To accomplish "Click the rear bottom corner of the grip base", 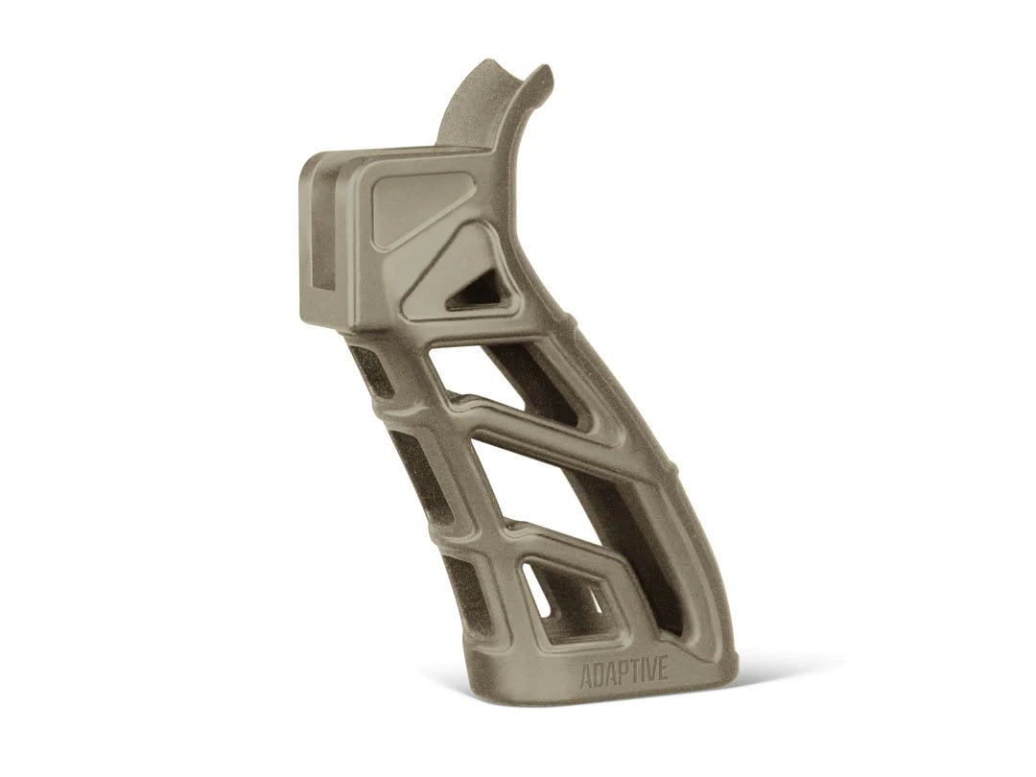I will pyautogui.click(x=734, y=662).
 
